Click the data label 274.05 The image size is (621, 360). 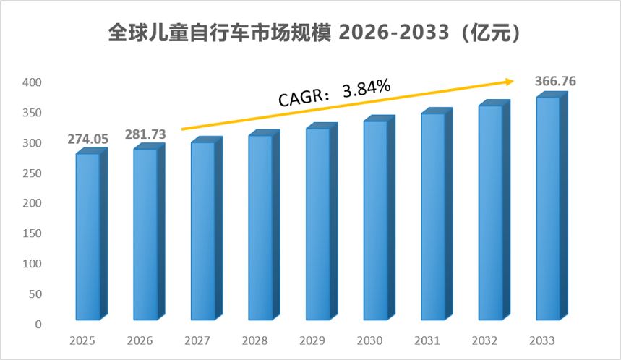(x=88, y=139)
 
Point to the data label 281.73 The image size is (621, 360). (x=145, y=134)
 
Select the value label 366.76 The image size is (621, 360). (x=555, y=81)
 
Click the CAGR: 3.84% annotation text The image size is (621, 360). (x=335, y=93)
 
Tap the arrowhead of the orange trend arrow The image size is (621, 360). (x=510, y=82)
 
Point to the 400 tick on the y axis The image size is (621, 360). (x=32, y=82)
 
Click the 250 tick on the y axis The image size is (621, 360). (x=32, y=173)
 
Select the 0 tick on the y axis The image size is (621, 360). (x=38, y=325)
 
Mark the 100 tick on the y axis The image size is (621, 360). (x=32, y=264)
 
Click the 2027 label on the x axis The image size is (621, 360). (x=197, y=340)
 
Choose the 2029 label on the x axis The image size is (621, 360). (x=312, y=340)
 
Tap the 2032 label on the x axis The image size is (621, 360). (x=485, y=340)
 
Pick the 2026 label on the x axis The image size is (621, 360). (x=140, y=340)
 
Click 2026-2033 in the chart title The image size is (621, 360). (x=394, y=32)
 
